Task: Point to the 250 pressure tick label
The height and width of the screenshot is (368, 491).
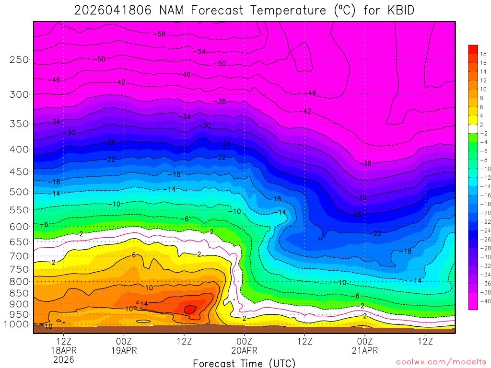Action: point(20,60)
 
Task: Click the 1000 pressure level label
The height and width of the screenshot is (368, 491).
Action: point(18,324)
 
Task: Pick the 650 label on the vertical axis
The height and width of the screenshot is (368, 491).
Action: point(20,242)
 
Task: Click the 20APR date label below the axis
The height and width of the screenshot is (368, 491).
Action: point(245,350)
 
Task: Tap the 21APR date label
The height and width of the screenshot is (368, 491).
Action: point(365,350)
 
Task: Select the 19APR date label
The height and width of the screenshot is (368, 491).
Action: point(124,350)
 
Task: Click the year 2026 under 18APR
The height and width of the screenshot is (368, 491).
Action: point(64,359)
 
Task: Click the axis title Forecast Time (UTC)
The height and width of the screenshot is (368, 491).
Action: point(244,363)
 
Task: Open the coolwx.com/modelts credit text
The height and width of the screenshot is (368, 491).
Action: point(441,362)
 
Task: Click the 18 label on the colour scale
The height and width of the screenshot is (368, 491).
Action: point(483,54)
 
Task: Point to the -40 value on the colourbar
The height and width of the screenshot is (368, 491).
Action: point(483,301)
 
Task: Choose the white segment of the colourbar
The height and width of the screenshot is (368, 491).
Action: point(473,128)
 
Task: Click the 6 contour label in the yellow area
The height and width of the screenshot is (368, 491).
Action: point(135,255)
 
